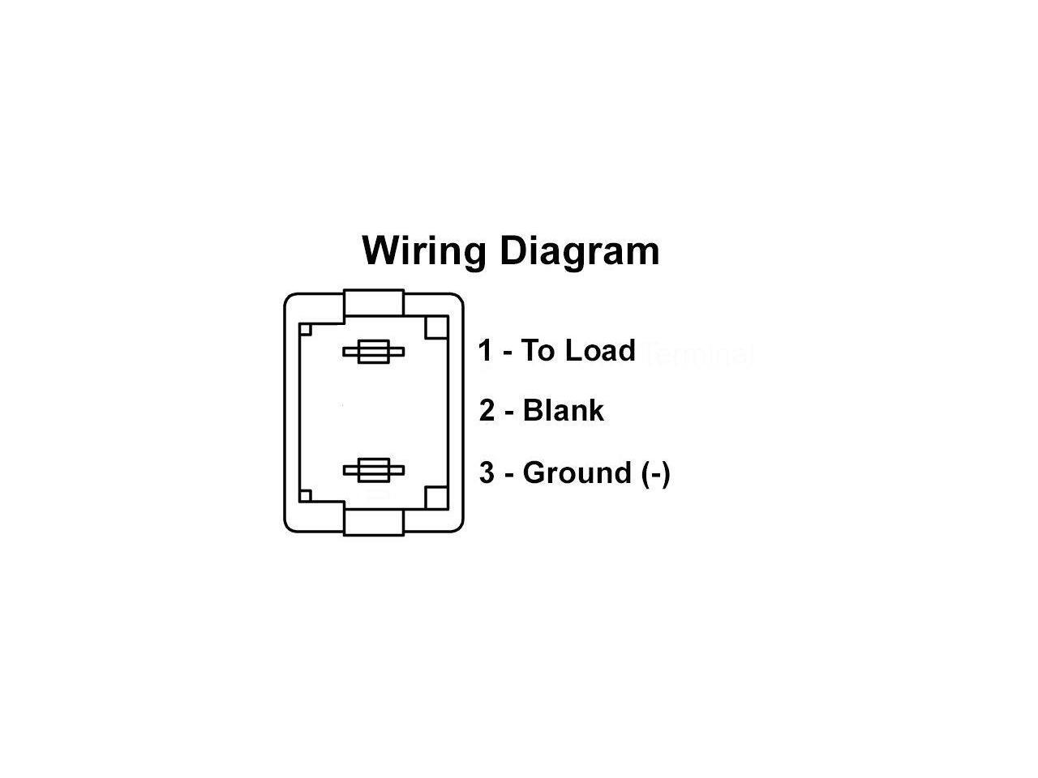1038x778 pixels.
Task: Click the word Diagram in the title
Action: click(579, 250)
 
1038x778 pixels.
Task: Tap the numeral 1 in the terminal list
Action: click(486, 351)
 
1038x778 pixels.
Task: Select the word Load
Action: click(600, 351)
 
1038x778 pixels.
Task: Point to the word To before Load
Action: click(538, 351)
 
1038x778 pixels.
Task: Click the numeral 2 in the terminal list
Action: click(487, 411)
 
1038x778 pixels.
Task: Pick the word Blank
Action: click(564, 411)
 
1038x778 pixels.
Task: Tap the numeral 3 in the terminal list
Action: click(487, 472)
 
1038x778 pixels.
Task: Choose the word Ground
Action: click(577, 472)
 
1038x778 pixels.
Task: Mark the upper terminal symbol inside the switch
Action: click(374, 353)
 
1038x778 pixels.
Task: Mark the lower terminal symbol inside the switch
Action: click(374, 470)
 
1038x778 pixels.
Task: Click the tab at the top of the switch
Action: click(374, 304)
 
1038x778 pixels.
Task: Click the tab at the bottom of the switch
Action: click(374, 522)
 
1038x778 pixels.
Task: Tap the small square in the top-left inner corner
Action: click(306, 330)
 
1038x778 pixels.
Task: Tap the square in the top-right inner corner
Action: click(437, 327)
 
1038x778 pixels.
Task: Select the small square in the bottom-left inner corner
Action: click(306, 495)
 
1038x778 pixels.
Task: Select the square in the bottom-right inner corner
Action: click(437, 498)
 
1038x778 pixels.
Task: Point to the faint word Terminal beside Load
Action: click(698, 354)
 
